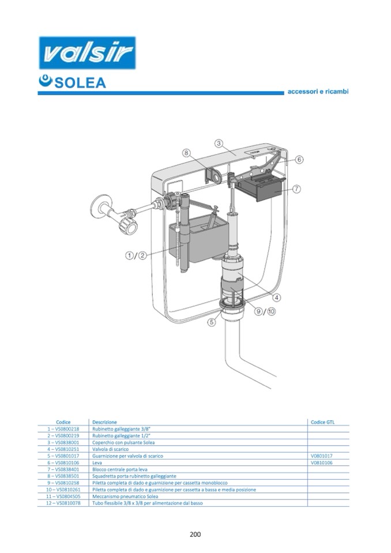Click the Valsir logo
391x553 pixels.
click(x=87, y=53)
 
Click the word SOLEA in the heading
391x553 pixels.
click(x=80, y=83)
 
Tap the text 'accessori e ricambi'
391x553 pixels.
click(x=318, y=92)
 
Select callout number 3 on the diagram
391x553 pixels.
click(x=219, y=143)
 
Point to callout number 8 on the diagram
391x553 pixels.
click(x=186, y=153)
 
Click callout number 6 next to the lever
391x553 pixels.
click(x=299, y=160)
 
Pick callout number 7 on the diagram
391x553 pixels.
click(x=296, y=189)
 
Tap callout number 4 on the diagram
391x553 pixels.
click(x=277, y=298)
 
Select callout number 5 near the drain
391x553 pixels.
click(x=211, y=322)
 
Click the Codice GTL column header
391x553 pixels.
click(x=322, y=422)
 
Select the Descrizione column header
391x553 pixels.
click(x=104, y=422)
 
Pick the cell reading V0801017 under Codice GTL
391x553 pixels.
click(x=322, y=456)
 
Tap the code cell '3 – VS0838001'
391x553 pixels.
click(x=63, y=442)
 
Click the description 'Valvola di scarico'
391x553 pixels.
click(x=110, y=449)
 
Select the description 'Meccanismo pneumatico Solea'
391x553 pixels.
click(x=125, y=496)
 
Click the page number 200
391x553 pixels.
click(x=195, y=535)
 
